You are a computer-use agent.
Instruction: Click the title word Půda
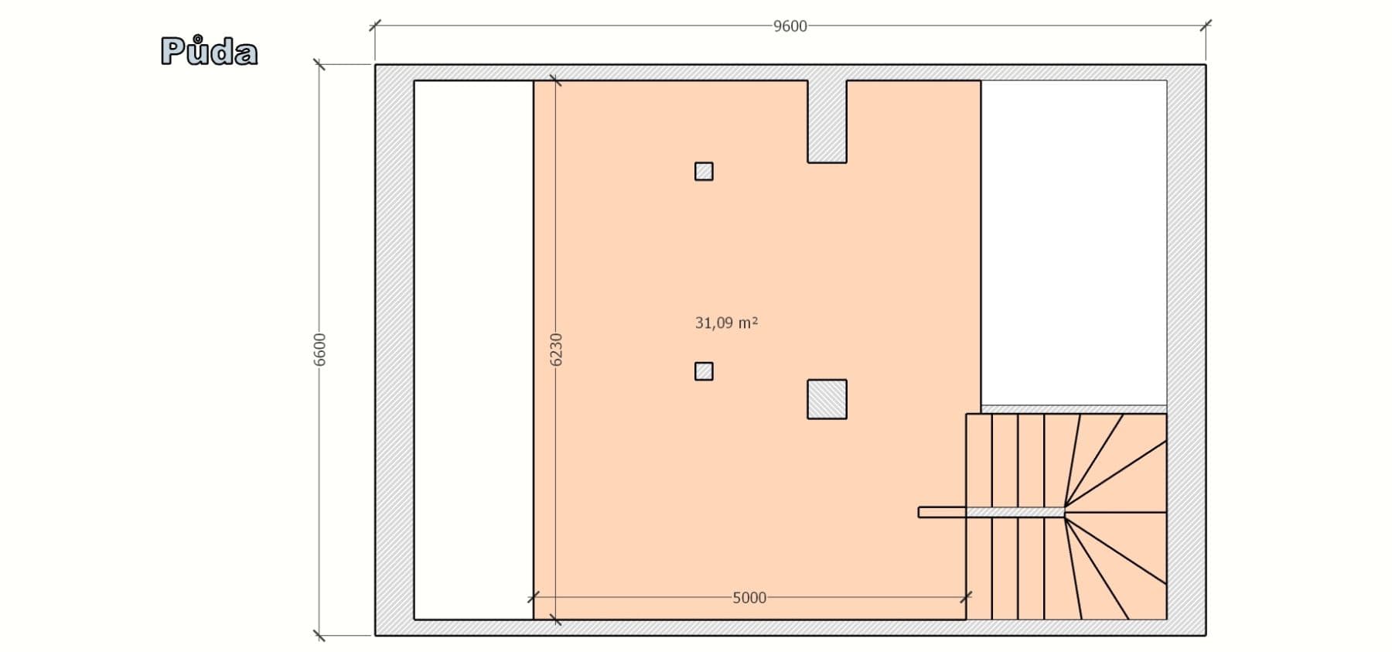point(209,52)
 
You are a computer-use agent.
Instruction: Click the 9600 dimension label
point(790,26)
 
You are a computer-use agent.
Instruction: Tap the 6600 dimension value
point(320,350)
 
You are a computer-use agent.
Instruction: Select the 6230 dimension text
point(556,350)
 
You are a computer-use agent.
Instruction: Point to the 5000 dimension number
point(749,598)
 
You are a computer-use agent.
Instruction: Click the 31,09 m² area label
point(726,323)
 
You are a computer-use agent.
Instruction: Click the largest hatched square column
point(827,399)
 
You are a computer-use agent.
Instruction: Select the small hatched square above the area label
point(704,171)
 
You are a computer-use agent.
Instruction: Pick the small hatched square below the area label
point(704,371)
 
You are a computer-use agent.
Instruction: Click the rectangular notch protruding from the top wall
point(827,121)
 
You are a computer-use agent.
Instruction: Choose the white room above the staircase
point(1073,241)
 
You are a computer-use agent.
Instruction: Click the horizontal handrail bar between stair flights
point(990,512)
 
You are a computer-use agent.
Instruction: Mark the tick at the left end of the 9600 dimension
point(375,26)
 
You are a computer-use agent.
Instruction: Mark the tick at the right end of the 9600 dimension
point(1206,26)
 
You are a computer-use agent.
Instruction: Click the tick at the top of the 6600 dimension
point(319,64)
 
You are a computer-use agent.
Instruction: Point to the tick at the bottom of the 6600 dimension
point(319,636)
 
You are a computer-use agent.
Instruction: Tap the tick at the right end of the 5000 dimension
point(966,597)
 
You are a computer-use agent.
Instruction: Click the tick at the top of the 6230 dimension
point(555,80)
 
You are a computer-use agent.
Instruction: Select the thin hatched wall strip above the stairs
point(1073,409)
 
